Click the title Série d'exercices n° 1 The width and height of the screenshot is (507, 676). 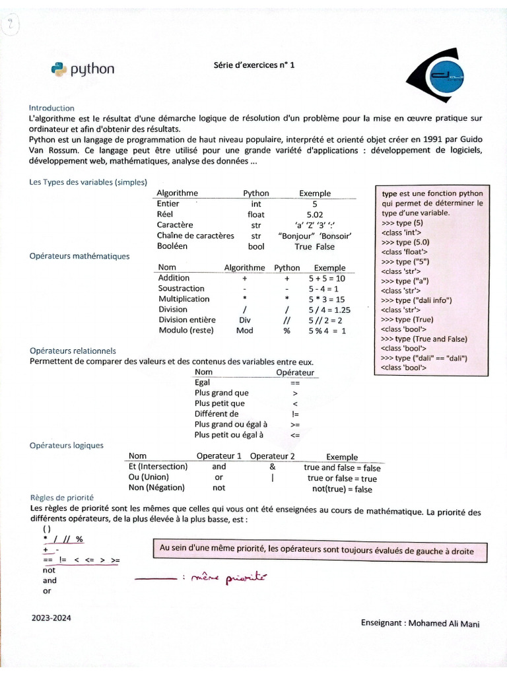254,65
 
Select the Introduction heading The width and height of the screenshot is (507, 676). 51,108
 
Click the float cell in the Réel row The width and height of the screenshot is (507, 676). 256,215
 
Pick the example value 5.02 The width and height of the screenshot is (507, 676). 315,215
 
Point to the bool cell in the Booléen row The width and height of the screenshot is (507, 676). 256,246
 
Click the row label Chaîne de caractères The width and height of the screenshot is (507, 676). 195,236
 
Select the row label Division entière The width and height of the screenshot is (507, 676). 187,320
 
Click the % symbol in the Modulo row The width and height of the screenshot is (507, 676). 287,330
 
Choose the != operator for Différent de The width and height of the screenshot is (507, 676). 295,414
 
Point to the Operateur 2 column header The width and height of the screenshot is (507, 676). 272,456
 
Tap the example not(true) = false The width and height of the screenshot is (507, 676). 342,489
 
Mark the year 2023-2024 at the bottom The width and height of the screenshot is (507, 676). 51,618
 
